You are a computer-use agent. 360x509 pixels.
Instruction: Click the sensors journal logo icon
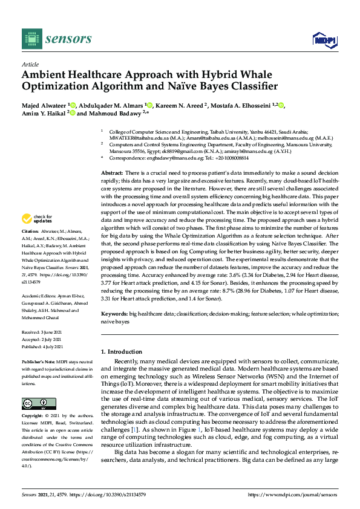coord(31,39)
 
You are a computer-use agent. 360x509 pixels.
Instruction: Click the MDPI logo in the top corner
coord(324,40)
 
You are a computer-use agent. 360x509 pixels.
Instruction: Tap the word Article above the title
coord(29,63)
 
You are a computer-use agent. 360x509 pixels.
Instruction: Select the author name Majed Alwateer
coord(44,105)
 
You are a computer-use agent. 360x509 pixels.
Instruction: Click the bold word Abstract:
coord(113,173)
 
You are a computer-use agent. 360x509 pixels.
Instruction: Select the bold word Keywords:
coord(114,315)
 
